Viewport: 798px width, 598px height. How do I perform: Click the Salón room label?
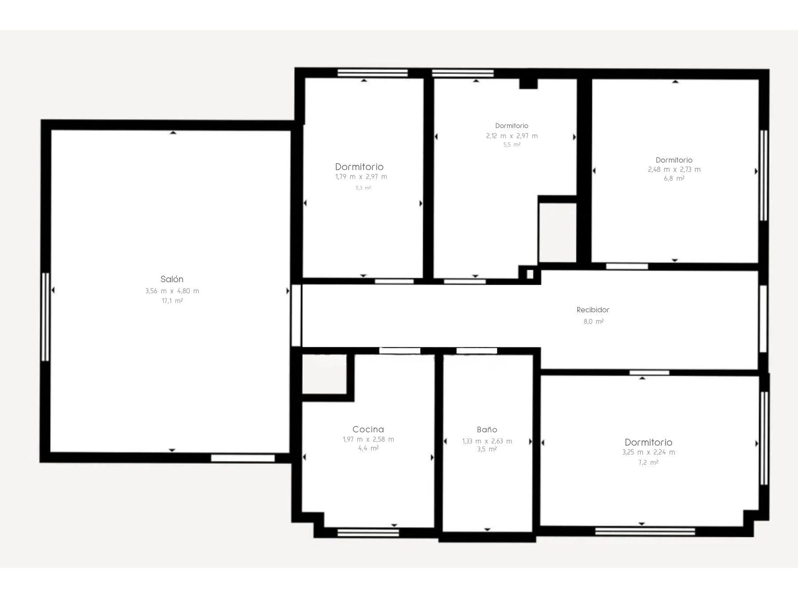172,279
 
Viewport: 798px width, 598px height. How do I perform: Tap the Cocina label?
368,429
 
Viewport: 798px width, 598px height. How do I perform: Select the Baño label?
487,429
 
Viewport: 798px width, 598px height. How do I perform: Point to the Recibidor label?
593,310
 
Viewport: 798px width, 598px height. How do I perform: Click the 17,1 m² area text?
172,301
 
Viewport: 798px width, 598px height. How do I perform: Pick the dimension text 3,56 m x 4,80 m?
172,291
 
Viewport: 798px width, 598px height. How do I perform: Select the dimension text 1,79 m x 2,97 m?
361,177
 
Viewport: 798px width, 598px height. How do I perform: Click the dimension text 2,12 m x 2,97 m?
512,136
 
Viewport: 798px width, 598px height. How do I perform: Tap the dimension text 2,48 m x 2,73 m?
674,169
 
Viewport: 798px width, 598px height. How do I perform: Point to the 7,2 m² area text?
648,462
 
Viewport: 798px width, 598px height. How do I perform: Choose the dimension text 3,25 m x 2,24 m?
648,452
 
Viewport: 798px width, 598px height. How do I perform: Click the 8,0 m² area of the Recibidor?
593,322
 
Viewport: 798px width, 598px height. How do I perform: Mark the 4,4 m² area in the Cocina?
368,448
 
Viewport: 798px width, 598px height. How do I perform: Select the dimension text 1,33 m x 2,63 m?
487,441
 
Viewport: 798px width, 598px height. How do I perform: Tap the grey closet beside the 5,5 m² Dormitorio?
557,233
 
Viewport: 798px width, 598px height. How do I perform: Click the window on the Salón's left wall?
45,317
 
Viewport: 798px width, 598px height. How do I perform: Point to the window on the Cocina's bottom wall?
368,532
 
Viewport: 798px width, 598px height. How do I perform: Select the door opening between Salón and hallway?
296,315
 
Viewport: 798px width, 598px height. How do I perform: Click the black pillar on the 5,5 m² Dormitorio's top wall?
528,83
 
